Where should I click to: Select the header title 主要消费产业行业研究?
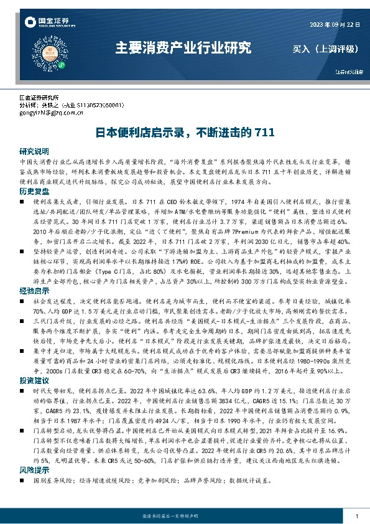184,47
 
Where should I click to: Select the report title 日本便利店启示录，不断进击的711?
184,133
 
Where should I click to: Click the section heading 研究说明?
34,151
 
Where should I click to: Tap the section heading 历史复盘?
34,191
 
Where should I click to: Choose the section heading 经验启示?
34,291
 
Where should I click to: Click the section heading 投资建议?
34,380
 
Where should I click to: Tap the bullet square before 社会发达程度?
22,302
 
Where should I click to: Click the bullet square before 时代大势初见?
22,391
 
